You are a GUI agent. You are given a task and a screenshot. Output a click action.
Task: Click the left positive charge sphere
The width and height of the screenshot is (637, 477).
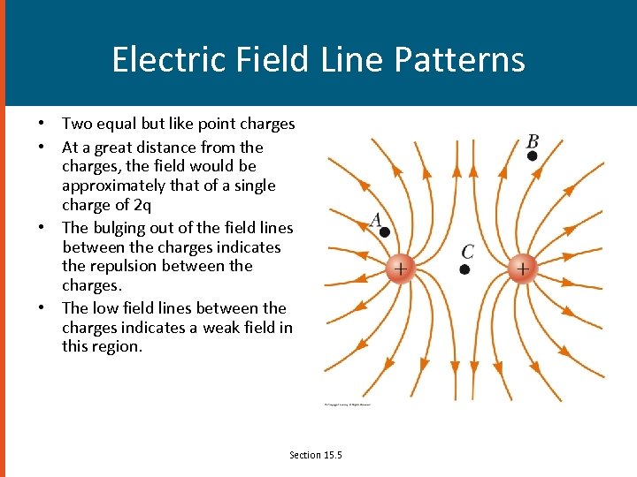pos(401,268)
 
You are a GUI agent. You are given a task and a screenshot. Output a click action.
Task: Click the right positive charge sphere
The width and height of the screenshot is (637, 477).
pos(523,268)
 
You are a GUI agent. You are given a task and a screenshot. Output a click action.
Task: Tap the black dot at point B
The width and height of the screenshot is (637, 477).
pos(532,155)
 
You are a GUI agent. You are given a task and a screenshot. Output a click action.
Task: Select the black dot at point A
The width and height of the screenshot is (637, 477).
pos(385,232)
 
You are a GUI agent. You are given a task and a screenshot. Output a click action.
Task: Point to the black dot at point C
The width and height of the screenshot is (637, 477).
pos(466,268)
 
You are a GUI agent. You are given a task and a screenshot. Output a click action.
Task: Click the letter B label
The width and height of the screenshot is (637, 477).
pos(532,140)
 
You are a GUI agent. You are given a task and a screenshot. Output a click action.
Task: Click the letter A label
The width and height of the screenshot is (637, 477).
pos(376,220)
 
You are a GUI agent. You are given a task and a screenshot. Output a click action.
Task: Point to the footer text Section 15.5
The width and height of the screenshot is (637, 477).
pos(315,455)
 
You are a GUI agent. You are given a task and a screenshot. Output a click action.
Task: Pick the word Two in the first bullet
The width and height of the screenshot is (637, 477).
pos(76,124)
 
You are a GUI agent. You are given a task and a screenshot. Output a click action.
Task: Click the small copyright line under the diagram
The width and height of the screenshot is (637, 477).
pos(347,405)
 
